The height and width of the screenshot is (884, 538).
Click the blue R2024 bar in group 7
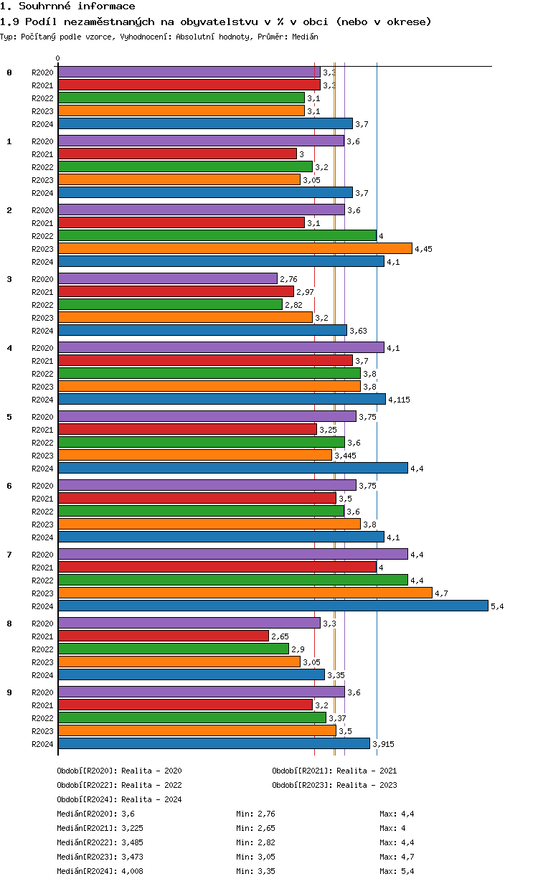click(x=273, y=606)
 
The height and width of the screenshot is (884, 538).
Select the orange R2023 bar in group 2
click(x=235, y=248)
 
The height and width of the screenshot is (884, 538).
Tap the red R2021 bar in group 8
click(x=163, y=636)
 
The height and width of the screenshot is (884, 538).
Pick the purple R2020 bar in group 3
click(x=167, y=278)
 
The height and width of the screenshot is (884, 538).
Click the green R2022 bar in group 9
click(x=192, y=718)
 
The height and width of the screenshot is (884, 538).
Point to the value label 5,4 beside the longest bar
click(x=497, y=606)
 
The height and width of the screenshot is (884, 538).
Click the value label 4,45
click(x=424, y=249)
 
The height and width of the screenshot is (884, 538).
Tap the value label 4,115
click(x=398, y=400)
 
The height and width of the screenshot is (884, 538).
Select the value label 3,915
click(x=383, y=744)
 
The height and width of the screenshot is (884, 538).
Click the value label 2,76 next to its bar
click(x=288, y=279)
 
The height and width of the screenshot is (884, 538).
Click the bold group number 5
click(x=9, y=417)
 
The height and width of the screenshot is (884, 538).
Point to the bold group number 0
click(x=9, y=72)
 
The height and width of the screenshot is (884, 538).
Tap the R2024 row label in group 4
click(x=43, y=400)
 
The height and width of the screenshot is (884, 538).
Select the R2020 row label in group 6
click(x=43, y=486)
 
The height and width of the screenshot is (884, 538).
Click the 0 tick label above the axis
click(x=58, y=59)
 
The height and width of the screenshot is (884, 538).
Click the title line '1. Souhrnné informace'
click(x=67, y=6)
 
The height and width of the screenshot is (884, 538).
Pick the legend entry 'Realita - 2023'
click(x=367, y=785)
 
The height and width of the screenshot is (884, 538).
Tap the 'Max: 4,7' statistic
click(x=397, y=857)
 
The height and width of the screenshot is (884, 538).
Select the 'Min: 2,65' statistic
click(x=255, y=828)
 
